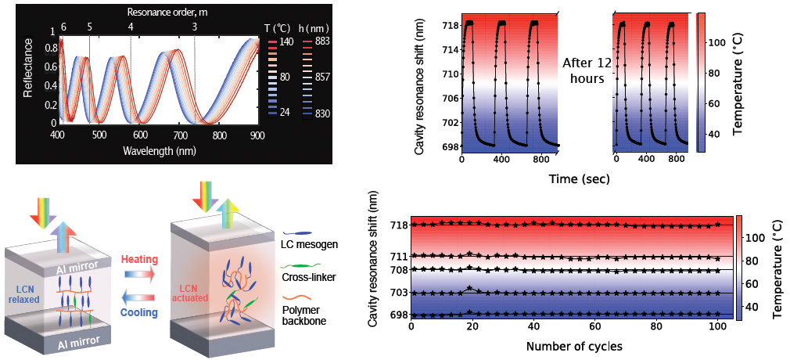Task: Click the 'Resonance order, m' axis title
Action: (157, 13)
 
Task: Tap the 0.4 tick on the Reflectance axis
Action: (52, 85)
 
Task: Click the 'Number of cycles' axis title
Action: (572, 345)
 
